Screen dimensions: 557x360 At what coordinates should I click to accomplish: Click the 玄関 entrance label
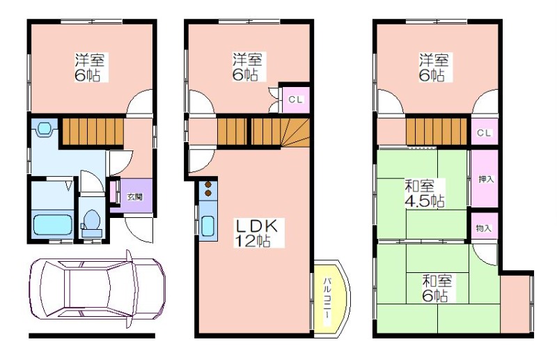(135, 196)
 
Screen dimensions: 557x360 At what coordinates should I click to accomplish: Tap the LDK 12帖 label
(258, 233)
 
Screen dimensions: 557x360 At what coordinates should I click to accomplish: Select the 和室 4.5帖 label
(424, 194)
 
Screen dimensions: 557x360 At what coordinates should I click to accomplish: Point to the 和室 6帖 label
(437, 288)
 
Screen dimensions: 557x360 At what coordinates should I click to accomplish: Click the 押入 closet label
(486, 179)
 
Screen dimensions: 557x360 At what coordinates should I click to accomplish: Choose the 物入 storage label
(484, 228)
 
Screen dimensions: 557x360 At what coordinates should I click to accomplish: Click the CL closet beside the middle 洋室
(295, 100)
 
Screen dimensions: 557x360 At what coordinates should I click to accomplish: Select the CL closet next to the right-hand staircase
(484, 133)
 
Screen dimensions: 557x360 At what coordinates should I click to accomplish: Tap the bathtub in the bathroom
(53, 224)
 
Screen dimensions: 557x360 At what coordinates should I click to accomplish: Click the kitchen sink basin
(207, 227)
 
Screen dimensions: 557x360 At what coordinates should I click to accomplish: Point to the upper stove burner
(207, 185)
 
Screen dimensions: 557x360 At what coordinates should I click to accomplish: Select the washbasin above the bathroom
(45, 128)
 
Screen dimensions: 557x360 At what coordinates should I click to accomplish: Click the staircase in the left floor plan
(93, 132)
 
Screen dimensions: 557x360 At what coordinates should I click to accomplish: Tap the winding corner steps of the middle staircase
(295, 132)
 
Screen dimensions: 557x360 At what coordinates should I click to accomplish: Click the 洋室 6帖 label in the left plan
(90, 68)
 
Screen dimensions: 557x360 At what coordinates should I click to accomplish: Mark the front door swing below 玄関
(139, 230)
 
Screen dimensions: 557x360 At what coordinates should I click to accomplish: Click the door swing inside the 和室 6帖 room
(485, 254)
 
